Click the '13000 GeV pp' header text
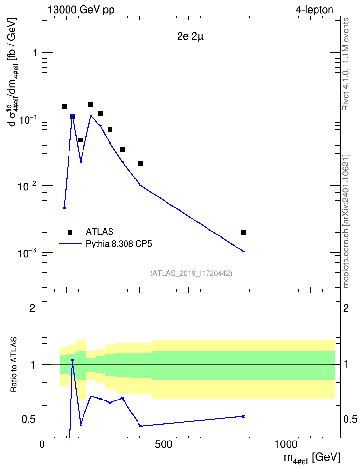[x=81, y=10]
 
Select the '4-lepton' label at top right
[x=314, y=10]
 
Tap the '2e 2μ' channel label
[x=190, y=37]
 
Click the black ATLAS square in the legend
[x=70, y=232]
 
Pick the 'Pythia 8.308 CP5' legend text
[x=119, y=244]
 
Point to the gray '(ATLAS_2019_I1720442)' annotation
[x=191, y=273]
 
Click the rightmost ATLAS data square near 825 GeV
[x=243, y=233]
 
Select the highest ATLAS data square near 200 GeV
[x=91, y=104]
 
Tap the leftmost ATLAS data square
[x=64, y=107]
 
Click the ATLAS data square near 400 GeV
[x=140, y=163]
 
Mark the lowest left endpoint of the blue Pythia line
[x=64, y=208]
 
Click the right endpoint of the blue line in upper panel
[x=244, y=251]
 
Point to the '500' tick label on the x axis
[x=164, y=445]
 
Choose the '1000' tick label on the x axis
[x=286, y=445]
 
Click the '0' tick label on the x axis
[x=42, y=445]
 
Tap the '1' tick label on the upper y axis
[x=35, y=53]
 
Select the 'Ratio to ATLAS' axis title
[x=14, y=365]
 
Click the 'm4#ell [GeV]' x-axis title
[x=312, y=458]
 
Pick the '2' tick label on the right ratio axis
[x=346, y=308]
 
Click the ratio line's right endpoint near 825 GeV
[x=243, y=416]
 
